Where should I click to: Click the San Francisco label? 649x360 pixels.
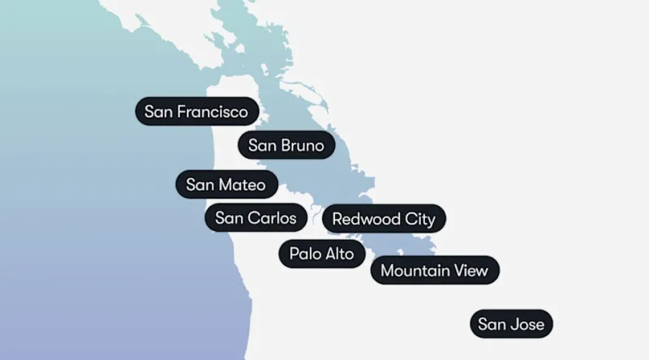coord(196,111)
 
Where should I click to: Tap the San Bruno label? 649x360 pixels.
coord(286,146)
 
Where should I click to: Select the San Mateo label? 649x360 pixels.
coord(226,185)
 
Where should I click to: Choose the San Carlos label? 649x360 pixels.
coord(256,218)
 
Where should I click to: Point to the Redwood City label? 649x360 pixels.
coord(384,219)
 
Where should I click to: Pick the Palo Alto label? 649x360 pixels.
coord(321,254)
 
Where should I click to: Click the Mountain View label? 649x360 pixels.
coord(435,271)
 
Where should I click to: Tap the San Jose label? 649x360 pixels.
coord(511,325)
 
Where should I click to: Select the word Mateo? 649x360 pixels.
coord(242,185)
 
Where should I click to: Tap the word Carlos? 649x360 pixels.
coord(272,218)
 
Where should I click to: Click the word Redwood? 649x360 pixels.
coord(366,219)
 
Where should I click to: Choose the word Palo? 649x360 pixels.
coord(303,254)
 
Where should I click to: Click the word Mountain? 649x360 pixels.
coord(415,271)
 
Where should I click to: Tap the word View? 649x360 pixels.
coord(471,271)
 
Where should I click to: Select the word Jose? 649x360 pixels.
coord(528,325)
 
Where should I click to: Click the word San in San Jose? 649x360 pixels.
coord(492,325)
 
